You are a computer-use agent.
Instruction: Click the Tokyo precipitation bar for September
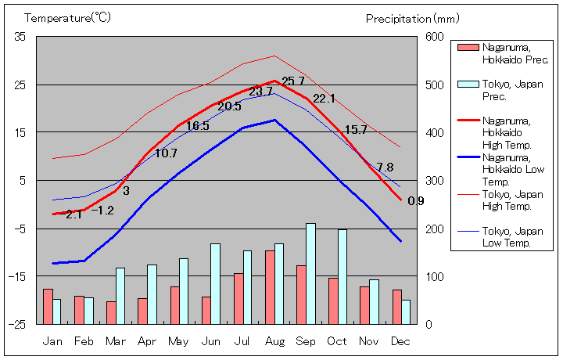pos(310,273)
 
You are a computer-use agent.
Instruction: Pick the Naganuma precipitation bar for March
pos(111,312)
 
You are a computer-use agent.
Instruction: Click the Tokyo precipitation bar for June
pos(215,283)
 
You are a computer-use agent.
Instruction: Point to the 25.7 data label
pos(293,81)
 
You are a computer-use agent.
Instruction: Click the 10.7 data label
pos(166,153)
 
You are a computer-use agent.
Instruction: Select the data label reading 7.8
pos(385,167)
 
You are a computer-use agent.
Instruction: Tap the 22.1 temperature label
pos(324,99)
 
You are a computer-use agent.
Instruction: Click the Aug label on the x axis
pos(274,341)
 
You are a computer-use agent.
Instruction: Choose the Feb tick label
pos(84,341)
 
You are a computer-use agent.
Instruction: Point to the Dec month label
pos(400,341)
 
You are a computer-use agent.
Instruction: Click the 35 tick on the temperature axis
pos(20,37)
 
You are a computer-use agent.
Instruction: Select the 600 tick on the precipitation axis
pos(435,37)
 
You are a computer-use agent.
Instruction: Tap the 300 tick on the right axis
pos(435,181)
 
